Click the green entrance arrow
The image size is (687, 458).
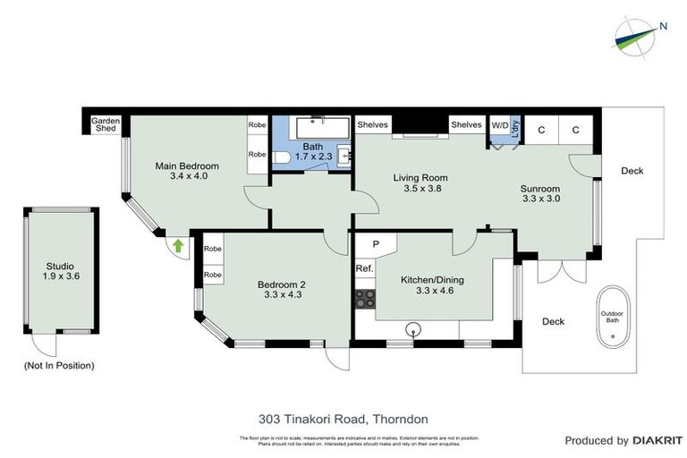pos(178,245)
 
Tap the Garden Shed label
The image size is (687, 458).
pos(106,124)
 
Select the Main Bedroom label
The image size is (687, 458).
pos(187,165)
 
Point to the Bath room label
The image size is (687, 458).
pos(312,146)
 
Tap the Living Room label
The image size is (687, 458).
pos(420,177)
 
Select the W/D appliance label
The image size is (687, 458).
pos(499,125)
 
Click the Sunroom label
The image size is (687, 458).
pos(540,189)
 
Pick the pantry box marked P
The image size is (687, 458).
pos(376,244)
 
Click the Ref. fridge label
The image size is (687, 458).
pos(364,268)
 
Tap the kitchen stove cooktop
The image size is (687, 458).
pos(365,298)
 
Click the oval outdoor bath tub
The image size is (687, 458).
pos(613,318)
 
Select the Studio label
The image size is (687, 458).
pos(60,266)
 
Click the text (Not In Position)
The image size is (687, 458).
pos(58,365)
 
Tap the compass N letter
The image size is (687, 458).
pos(663,26)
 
